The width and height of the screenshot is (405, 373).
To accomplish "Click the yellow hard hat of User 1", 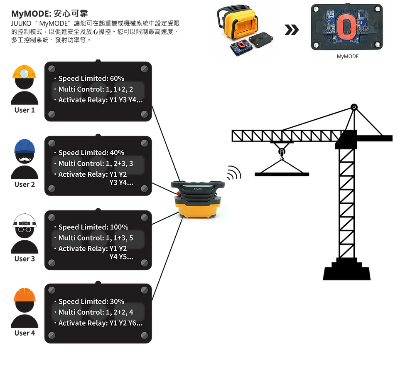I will coord(25,72).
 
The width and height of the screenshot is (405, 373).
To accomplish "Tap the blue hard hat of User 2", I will coord(25,146).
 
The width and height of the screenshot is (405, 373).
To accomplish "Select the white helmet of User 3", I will coord(25,220).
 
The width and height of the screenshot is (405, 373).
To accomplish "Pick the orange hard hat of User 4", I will coord(25,295).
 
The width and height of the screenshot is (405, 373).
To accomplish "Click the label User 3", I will coord(25,259).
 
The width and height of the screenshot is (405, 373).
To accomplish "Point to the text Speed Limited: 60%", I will coord(91,79).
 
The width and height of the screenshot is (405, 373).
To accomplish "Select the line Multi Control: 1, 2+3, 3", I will coord(96,163).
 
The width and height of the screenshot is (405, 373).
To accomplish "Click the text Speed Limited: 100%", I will coord(93,227).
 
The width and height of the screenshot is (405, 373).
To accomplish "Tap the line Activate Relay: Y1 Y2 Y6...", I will coord(100,323).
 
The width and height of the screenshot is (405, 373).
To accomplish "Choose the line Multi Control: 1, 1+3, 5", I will coord(96,238).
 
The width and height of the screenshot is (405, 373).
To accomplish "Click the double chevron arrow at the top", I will coord(292,30).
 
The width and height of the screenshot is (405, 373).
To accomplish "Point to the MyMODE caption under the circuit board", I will coord(347,57).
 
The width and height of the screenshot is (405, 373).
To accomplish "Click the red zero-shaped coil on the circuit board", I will coord(346,28).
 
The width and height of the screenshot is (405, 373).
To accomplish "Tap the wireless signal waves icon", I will coord(234,173).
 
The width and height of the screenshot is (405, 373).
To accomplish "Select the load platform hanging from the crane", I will coord(282,174).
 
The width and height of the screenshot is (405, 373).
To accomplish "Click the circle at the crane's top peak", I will coord(354,107).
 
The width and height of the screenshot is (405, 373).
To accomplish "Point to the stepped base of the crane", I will coord(346,270).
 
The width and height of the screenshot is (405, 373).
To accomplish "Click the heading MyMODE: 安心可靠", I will coord(49,13).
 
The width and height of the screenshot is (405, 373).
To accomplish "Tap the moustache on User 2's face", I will coord(25,159).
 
